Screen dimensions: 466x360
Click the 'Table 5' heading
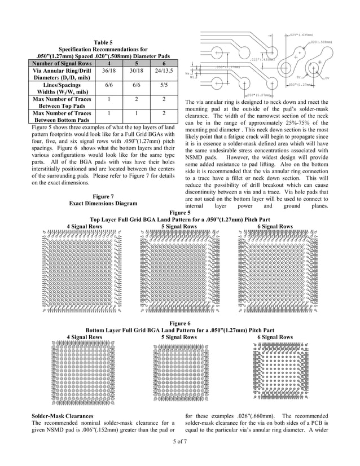click(103, 42)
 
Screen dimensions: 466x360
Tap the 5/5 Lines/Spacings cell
click(163, 89)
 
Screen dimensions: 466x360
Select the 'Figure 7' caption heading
click(103, 196)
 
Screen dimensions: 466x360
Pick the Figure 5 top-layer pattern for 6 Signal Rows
click(274, 271)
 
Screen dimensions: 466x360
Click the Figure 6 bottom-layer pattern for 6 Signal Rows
click(275, 367)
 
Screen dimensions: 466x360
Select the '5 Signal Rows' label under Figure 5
click(179, 226)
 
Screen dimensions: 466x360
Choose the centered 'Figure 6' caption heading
click(179, 322)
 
